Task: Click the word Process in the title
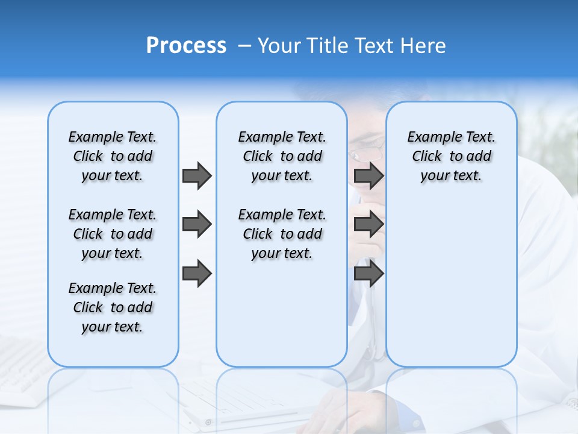tap(186, 46)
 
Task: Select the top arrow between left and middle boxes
tap(197, 175)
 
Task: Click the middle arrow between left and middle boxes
tap(197, 225)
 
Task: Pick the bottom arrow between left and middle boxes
tap(197, 274)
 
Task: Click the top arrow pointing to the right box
tap(368, 175)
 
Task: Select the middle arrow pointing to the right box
tap(368, 225)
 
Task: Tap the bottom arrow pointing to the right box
tap(368, 274)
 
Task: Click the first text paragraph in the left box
tap(113, 156)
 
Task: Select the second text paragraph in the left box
tap(113, 234)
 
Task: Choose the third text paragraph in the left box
tap(113, 307)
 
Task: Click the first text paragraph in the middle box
tap(282, 156)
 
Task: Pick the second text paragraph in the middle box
tap(282, 234)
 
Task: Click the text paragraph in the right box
tap(451, 156)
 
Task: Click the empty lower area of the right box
tap(451, 283)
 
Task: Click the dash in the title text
tap(244, 46)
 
